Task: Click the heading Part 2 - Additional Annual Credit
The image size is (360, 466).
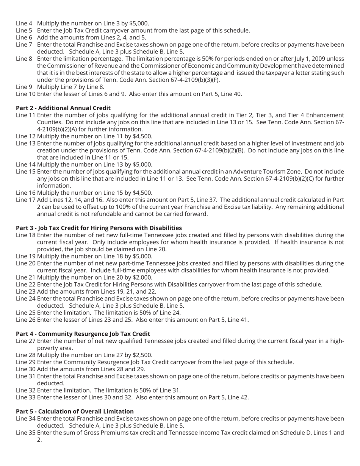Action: pyautogui.click(x=63, y=108)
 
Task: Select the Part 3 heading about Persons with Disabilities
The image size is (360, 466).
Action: pyautogui.click(x=99, y=228)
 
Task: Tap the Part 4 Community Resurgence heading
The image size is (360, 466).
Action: pyautogui.click(x=83, y=334)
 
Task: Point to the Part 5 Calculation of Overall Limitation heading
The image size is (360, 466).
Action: pyautogui.click(x=75, y=411)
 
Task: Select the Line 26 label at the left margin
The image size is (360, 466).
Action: pyautogui.click(x=25, y=320)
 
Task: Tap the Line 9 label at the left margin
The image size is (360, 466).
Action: pyautogui.click(x=24, y=87)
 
